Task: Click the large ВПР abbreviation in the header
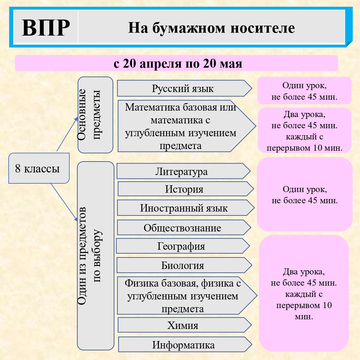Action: tap(46, 28)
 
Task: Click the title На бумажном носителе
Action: tap(211, 28)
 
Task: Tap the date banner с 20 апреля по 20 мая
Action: tap(176, 63)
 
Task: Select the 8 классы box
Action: tap(39, 168)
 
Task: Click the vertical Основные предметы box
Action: tap(95, 115)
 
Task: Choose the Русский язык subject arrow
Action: tap(184, 88)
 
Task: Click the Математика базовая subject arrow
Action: tap(187, 126)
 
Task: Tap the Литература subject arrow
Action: tap(183, 171)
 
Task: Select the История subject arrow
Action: tap(186, 189)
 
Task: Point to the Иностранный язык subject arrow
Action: tap(186, 207)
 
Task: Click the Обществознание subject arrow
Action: tap(184, 227)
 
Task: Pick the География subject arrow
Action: tap(183, 246)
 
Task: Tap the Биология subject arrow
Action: tap(184, 265)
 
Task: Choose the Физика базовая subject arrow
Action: tap(187, 296)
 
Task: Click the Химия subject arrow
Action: tap(185, 325)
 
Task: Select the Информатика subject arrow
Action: tap(185, 344)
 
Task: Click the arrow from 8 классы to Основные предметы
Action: tap(68, 134)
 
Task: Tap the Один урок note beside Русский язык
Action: tap(305, 91)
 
